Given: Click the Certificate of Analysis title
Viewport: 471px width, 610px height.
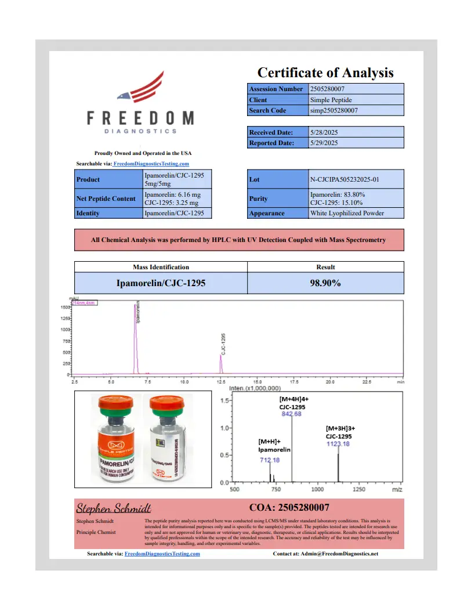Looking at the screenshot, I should click(x=325, y=73).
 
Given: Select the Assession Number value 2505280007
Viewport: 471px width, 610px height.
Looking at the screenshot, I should click(x=331, y=89).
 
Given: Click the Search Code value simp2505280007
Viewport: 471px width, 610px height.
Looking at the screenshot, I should click(x=334, y=110).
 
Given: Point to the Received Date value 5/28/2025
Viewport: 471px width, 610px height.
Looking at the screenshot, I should click(x=324, y=132).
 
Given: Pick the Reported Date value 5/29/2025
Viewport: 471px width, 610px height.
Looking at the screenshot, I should click(x=324, y=143).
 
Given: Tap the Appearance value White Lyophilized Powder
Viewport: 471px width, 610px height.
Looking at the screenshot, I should click(x=347, y=213).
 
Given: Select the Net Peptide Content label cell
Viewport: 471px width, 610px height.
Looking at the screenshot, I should click(x=106, y=198).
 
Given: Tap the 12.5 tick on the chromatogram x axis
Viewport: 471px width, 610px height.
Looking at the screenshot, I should click(x=221, y=382).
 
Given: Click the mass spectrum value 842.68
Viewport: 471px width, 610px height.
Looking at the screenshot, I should click(x=291, y=414).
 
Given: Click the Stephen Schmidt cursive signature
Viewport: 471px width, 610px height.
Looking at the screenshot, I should click(x=114, y=509).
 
